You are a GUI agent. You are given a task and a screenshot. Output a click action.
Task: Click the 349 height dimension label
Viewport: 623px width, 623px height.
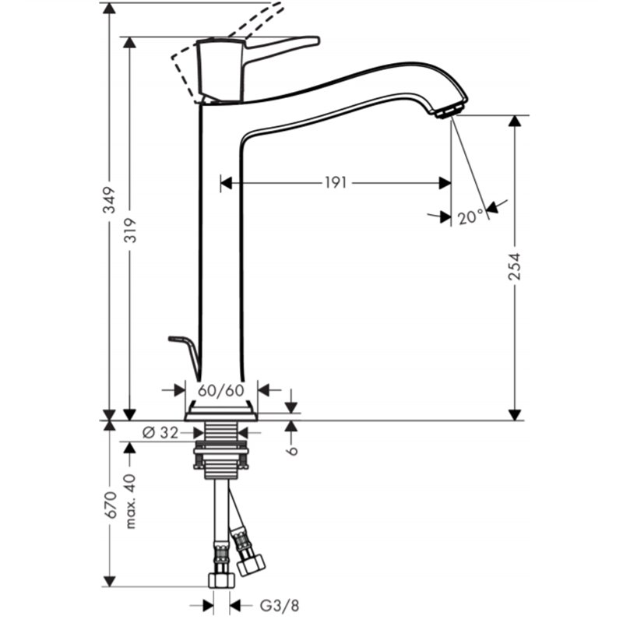pyautogui.click(x=109, y=200)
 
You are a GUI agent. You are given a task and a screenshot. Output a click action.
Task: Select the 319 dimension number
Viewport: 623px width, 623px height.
pyautogui.click(x=130, y=231)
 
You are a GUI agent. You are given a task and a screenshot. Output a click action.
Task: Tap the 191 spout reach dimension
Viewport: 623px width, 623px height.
pyautogui.click(x=336, y=183)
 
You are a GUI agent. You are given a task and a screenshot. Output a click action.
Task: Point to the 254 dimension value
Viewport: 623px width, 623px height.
pyautogui.click(x=515, y=266)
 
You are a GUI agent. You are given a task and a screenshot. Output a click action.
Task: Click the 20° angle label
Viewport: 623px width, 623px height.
pyautogui.click(x=471, y=217)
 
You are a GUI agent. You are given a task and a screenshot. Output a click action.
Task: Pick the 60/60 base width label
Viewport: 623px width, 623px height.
pyautogui.click(x=221, y=390)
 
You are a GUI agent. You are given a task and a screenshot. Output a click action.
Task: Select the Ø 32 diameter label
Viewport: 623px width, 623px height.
pyautogui.click(x=160, y=432)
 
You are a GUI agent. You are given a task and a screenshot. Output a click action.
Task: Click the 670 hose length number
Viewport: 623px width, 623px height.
pyautogui.click(x=110, y=505)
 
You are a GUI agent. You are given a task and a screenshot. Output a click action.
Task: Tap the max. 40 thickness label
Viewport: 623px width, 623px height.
pyautogui.click(x=131, y=501)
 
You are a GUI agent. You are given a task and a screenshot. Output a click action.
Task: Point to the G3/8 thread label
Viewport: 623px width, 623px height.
pyautogui.click(x=280, y=606)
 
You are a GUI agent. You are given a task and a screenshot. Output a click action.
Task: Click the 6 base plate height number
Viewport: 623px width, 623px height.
pyautogui.click(x=293, y=450)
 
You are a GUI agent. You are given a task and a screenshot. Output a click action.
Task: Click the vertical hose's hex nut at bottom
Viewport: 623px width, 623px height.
pyautogui.click(x=221, y=580)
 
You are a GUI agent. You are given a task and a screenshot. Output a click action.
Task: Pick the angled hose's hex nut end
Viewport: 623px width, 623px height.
pyautogui.click(x=252, y=564)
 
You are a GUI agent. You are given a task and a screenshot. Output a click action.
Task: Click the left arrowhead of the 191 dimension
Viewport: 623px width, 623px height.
pyautogui.click(x=226, y=183)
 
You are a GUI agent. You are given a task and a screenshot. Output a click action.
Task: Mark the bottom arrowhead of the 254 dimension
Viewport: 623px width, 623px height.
pyautogui.click(x=515, y=415)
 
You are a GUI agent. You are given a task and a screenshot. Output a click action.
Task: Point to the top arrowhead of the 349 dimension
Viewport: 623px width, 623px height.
pyautogui.click(x=109, y=8)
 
